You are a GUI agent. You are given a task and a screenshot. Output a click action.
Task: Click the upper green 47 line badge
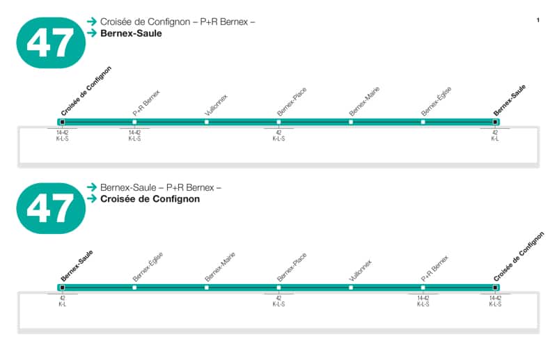(51, 42)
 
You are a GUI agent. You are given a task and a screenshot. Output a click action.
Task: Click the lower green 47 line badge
(51, 208)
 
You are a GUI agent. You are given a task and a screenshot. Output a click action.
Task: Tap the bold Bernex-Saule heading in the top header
(131, 33)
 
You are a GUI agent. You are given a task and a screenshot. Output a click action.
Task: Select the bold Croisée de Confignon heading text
(150, 198)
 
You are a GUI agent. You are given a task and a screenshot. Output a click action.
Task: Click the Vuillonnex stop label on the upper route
(217, 104)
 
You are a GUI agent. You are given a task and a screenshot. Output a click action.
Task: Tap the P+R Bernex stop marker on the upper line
(134, 122)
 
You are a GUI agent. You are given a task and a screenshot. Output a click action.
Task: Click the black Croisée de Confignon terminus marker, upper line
(63, 122)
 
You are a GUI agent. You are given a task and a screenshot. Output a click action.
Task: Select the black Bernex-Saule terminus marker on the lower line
(63, 287)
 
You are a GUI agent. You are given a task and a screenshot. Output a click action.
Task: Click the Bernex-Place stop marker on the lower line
(278, 287)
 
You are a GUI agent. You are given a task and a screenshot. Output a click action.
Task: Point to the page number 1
(538, 20)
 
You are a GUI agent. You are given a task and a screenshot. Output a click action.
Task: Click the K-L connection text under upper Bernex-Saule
(495, 139)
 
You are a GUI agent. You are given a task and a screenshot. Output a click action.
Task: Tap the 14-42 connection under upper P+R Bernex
(134, 132)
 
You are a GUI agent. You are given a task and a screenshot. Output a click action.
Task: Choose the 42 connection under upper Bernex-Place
(278, 132)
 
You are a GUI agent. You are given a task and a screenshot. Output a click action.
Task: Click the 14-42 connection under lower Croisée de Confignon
(495, 297)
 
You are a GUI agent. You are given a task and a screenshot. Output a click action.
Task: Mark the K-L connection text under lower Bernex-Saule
(63, 304)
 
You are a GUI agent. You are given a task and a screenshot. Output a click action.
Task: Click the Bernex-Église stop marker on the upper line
(423, 122)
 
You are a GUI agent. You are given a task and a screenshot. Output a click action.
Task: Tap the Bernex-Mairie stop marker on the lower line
(207, 287)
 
